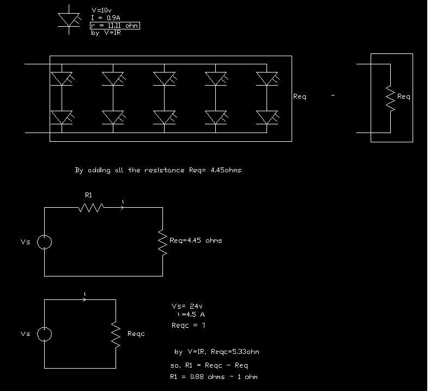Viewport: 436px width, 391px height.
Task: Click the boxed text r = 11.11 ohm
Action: (x=115, y=26)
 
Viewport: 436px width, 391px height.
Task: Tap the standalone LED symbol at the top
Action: (x=69, y=20)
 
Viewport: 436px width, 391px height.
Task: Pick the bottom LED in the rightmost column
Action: (x=267, y=117)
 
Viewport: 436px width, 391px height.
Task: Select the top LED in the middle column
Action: (x=164, y=79)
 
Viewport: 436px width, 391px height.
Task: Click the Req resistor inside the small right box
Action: (x=390, y=98)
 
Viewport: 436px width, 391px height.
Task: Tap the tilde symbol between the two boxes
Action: (x=333, y=96)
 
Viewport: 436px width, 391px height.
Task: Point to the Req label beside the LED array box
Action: (x=300, y=97)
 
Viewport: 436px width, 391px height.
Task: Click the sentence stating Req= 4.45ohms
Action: (x=158, y=170)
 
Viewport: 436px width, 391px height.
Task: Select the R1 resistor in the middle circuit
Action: (x=91, y=207)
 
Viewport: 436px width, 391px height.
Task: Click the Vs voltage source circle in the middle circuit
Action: (x=45, y=242)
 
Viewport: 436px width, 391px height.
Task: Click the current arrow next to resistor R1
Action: (x=121, y=207)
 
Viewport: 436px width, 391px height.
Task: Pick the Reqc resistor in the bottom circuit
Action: (x=116, y=334)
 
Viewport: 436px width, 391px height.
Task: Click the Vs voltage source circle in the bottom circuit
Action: (x=45, y=334)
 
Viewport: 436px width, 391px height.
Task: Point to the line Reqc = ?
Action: (x=188, y=326)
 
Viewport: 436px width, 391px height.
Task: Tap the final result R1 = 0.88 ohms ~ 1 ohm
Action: (x=214, y=377)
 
